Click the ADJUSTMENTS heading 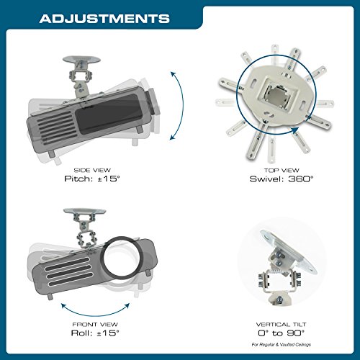[104, 19]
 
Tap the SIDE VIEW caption [92, 170]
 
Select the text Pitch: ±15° [92, 179]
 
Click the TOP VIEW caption [282, 171]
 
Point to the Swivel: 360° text [282, 179]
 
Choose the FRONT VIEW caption [95, 325]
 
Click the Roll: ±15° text [95, 333]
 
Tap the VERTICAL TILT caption [281, 325]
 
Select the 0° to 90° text [281, 333]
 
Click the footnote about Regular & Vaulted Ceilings [282, 344]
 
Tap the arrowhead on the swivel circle [295, 130]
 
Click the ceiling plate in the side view [81, 59]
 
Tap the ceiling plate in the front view [84, 211]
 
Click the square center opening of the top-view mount [279, 96]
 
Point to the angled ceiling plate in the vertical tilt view [288, 252]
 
